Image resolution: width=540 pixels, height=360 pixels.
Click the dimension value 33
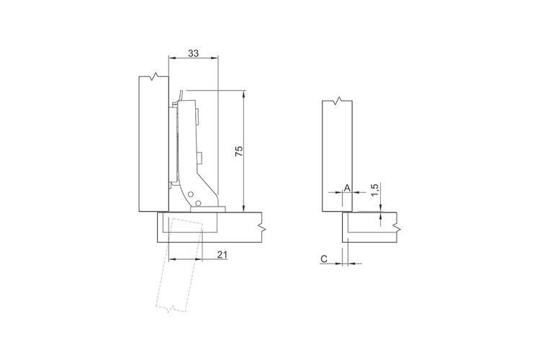point(193,53)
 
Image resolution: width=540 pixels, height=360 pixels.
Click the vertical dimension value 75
point(239,151)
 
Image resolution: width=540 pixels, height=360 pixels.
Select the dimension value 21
point(222,255)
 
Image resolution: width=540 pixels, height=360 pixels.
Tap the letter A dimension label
point(347,188)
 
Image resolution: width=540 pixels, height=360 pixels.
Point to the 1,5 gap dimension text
point(375,190)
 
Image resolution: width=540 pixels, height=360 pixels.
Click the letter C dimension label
point(324,258)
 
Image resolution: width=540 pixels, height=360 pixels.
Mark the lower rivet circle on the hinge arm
point(198,202)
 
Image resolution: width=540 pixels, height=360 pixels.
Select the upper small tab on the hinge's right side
point(198,117)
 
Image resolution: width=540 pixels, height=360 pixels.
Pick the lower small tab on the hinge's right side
point(199,158)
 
